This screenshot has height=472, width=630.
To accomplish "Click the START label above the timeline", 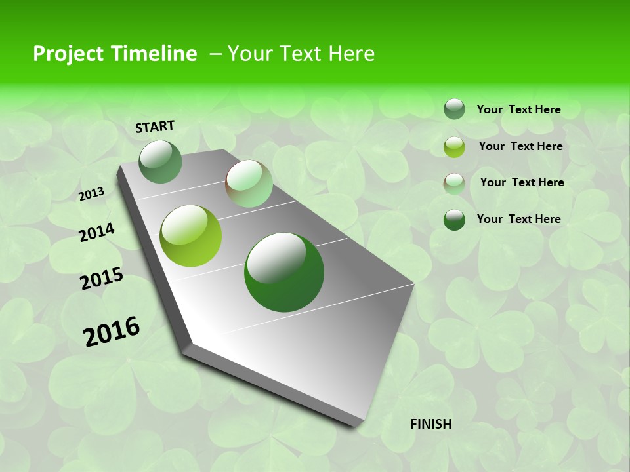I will (x=155, y=127).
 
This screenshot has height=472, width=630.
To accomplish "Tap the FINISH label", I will (x=430, y=424).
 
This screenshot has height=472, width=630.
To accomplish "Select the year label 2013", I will (x=92, y=194).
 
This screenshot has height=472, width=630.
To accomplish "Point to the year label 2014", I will (x=96, y=233).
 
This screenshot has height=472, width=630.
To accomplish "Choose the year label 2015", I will (x=102, y=279).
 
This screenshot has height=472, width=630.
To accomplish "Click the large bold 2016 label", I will (x=112, y=332).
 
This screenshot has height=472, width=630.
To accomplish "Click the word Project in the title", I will (x=68, y=54).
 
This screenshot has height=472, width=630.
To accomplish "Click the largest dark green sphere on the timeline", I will (x=284, y=272).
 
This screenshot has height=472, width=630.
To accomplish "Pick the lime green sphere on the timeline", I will (x=191, y=236).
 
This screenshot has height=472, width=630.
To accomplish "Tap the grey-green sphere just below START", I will (x=161, y=162).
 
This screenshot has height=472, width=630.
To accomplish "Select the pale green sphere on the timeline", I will (x=249, y=184).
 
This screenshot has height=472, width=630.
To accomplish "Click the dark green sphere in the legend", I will (x=454, y=220).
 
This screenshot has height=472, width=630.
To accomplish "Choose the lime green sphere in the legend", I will (x=454, y=147).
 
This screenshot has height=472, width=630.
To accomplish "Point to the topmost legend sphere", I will (x=454, y=109).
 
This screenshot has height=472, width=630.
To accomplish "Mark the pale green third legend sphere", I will (x=454, y=184).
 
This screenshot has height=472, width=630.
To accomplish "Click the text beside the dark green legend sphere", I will (x=518, y=219).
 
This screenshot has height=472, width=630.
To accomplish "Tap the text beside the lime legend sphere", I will (x=520, y=146).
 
